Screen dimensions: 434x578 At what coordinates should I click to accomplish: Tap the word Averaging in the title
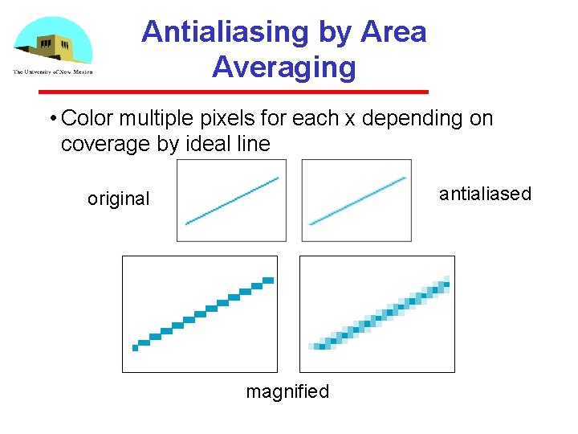(284, 67)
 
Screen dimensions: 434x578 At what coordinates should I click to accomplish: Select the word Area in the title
(394, 32)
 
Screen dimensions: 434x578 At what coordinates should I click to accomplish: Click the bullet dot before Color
(51, 120)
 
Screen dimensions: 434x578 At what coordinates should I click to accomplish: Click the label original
(118, 199)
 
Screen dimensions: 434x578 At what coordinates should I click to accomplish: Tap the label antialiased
(485, 194)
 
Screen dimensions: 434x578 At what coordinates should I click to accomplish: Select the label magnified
(287, 391)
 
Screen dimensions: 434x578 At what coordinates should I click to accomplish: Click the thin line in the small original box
(232, 201)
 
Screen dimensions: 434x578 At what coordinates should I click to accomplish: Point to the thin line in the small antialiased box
(357, 200)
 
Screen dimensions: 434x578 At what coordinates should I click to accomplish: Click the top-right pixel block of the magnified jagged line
(268, 280)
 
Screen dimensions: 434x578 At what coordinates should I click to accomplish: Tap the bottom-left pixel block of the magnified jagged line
(136, 347)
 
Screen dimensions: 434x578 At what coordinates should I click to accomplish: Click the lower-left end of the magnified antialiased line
(315, 346)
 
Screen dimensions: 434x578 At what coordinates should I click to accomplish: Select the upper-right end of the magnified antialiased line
(446, 281)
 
